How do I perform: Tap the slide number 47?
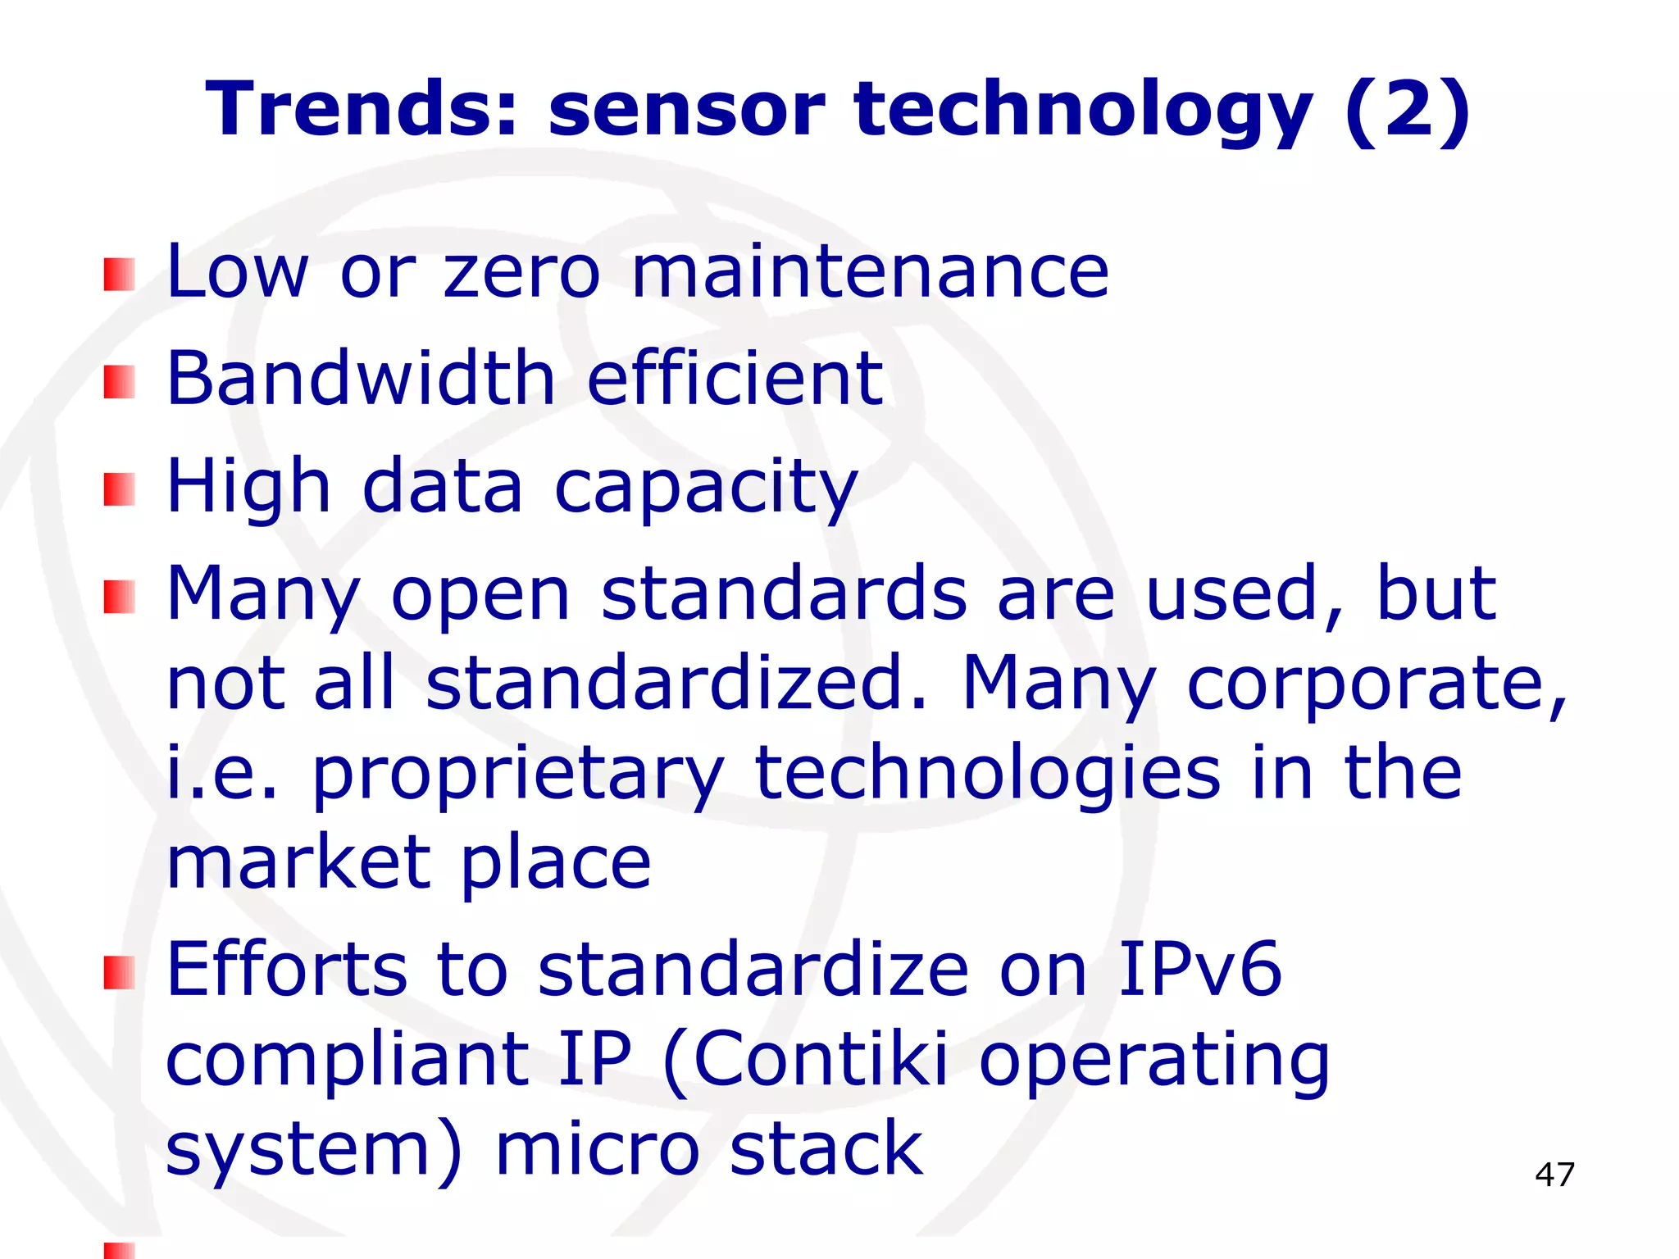1554,1175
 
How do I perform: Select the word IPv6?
1199,970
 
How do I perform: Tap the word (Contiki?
805,1060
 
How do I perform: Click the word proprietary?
518,775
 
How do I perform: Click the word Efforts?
287,970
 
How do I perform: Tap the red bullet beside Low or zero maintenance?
119,275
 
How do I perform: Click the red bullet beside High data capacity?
119,489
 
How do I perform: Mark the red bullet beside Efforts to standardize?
119,973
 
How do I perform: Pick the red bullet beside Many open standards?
119,597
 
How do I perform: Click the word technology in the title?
1083,111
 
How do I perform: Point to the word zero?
522,273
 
